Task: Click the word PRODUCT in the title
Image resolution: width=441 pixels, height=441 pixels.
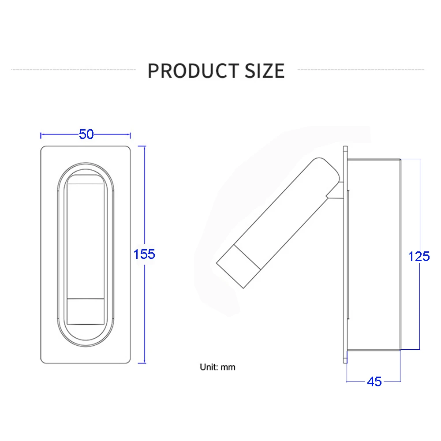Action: point(194,71)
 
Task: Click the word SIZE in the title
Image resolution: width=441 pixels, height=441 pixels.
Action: point(265,71)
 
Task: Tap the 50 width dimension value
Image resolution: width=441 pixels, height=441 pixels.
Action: point(86,134)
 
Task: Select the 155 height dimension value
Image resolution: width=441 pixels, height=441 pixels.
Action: point(144,254)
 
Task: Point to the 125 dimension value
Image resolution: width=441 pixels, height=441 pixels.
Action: point(419,256)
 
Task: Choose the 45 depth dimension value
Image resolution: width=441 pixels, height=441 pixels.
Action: point(374,381)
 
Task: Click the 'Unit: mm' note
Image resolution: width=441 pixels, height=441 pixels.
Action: point(217,367)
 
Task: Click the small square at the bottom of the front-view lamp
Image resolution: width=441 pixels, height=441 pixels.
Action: point(86,311)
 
